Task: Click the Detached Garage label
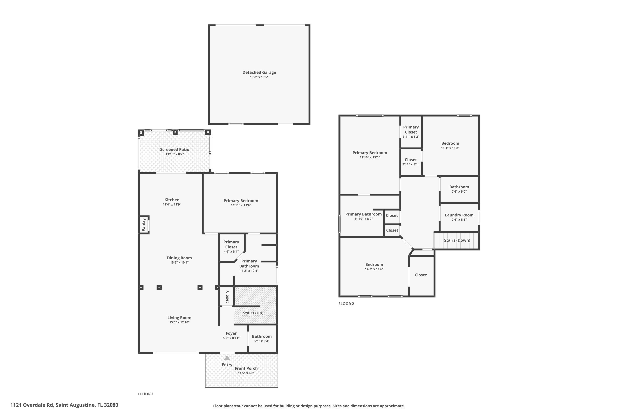pos(259,72)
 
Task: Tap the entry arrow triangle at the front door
pos(227,358)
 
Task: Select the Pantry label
pos(143,225)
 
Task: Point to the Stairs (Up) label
pos(253,313)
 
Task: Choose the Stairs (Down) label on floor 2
pos(457,240)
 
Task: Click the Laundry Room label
pos(459,215)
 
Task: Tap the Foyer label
pos(231,333)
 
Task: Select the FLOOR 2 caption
pos(346,304)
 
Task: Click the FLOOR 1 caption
pos(146,394)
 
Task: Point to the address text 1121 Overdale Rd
pos(32,405)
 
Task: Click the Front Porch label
pos(246,368)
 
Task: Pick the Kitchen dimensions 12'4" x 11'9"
pos(172,204)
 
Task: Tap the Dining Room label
pos(179,258)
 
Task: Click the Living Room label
pos(179,318)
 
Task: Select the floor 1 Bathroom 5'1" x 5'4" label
pos(262,336)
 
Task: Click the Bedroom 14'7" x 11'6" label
pos(374,264)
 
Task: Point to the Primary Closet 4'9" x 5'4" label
pos(231,244)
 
